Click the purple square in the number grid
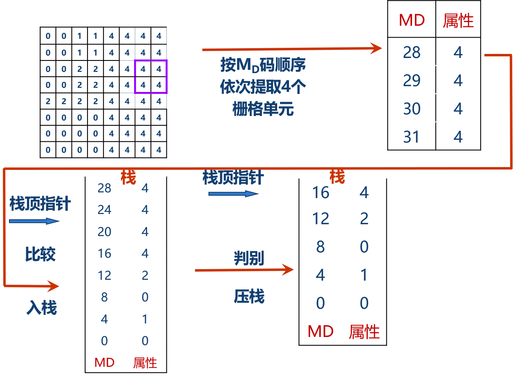[151, 76]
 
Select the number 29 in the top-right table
[411, 80]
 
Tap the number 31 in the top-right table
[411, 137]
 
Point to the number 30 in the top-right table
[411, 109]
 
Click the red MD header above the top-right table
[412, 20]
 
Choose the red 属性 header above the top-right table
[458, 20]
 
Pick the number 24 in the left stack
[104, 210]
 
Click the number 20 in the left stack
[104, 232]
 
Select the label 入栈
[42, 308]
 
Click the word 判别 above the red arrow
[249, 258]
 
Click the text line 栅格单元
[263, 109]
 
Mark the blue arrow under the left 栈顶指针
[34, 221]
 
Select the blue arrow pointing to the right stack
[233, 194]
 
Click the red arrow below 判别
[244, 270]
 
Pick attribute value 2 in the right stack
[364, 219]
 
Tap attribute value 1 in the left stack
[145, 319]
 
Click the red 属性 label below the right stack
[364, 332]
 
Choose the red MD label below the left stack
[104, 362]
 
